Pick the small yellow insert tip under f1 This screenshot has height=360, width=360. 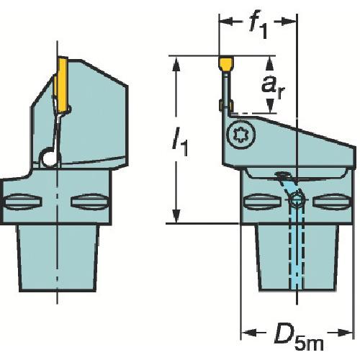pyautogui.click(x=226, y=66)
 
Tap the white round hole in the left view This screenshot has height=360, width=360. pyautogui.click(x=48, y=157)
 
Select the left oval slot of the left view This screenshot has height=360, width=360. pyautogui.click(x=22, y=199)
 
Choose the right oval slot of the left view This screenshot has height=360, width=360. pyautogui.click(x=90, y=199)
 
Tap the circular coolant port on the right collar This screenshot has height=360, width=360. pyautogui.click(x=296, y=204)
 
